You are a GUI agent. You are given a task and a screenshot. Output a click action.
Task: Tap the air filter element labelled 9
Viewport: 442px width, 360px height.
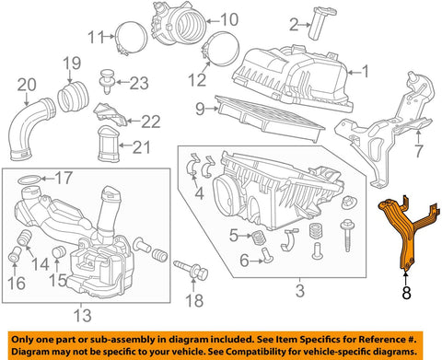(270, 119)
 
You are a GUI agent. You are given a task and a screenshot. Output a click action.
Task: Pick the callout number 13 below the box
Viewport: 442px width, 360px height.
(83, 315)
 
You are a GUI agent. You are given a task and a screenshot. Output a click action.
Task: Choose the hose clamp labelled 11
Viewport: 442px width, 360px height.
(132, 39)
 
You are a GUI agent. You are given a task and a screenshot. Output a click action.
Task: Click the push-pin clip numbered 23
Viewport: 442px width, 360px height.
(107, 81)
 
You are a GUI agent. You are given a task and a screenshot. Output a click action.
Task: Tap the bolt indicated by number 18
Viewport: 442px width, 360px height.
(192, 270)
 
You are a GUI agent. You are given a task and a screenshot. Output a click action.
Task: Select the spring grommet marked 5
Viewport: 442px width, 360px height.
(260, 238)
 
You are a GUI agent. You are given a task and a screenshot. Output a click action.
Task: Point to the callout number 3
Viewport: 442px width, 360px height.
(300, 290)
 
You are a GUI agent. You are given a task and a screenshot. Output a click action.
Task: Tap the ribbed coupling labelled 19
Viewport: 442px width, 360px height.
(73, 96)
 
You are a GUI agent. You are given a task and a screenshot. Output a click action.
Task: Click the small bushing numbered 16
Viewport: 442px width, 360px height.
(14, 254)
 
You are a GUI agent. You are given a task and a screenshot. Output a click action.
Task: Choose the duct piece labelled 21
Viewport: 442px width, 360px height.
(108, 144)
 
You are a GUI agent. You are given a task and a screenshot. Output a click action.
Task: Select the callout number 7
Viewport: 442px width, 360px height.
(419, 151)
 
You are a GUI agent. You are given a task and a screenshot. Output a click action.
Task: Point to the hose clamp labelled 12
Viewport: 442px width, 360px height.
(221, 50)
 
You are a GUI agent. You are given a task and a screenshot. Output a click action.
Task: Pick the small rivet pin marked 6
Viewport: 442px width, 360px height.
(266, 255)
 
